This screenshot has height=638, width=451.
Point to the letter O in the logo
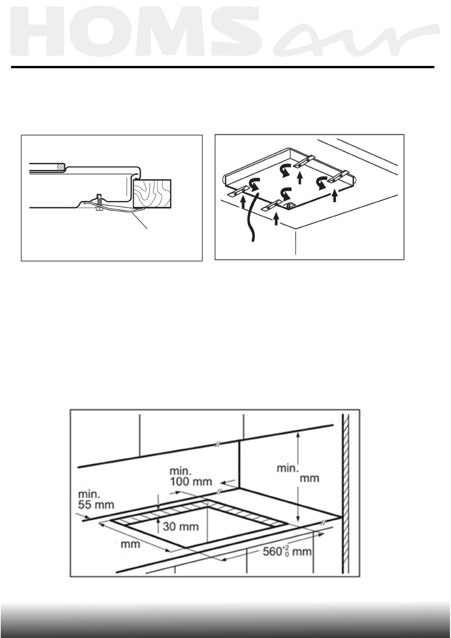(x=107, y=33)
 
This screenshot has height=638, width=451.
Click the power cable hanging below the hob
(x=251, y=220)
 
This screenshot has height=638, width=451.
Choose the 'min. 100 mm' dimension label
(x=190, y=476)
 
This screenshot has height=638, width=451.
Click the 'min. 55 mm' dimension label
(x=96, y=499)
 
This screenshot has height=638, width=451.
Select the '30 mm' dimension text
(x=180, y=526)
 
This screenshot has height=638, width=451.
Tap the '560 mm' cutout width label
(x=287, y=551)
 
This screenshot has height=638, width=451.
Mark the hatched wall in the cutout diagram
(x=345, y=493)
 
